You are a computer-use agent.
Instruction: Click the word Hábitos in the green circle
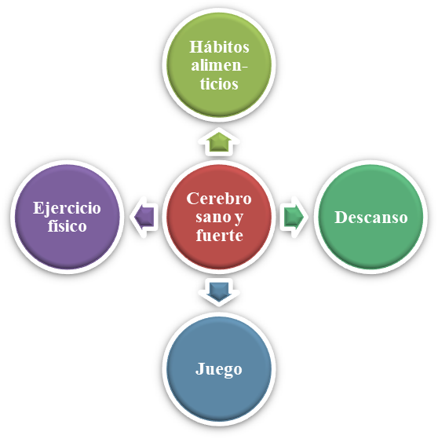[219, 47]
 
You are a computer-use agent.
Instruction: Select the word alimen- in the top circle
[219, 65]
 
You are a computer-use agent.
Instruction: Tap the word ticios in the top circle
[219, 83]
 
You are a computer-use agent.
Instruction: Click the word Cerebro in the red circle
[219, 199]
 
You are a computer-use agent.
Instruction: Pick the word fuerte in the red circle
[219, 235]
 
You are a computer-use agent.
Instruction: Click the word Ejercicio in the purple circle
[67, 209]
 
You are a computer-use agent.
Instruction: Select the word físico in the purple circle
[68, 225]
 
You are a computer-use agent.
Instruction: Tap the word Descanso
[371, 217]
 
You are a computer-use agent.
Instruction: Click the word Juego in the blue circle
[218, 370]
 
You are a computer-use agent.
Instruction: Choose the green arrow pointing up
[219, 141]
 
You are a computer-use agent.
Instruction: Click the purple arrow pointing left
[144, 217]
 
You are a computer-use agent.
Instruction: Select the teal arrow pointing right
[294, 217]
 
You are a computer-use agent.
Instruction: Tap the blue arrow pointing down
[219, 292]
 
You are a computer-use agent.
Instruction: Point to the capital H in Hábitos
[197, 47]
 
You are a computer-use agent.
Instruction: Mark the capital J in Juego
[200, 369]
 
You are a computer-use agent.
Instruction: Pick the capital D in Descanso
[341, 218]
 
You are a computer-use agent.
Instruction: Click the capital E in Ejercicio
[39, 208]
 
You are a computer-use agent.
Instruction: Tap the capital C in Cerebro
[192, 199]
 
